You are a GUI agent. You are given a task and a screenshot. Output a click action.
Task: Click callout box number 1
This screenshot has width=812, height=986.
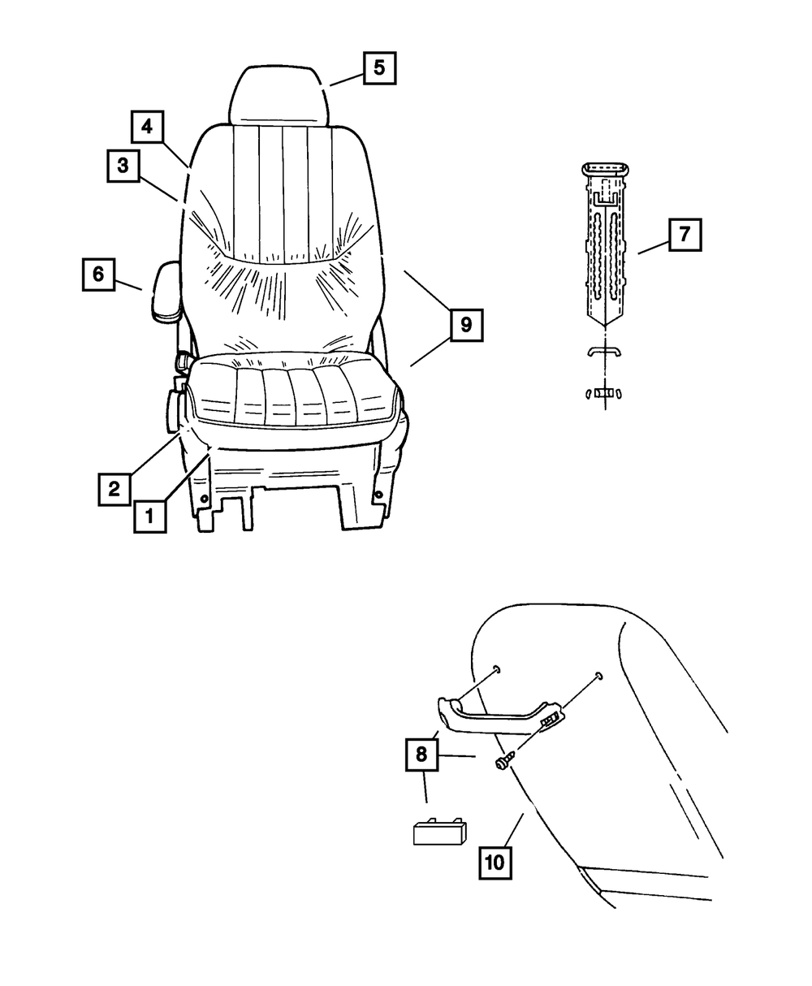tap(150, 516)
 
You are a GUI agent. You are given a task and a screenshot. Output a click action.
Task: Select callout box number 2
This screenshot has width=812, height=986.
tap(114, 489)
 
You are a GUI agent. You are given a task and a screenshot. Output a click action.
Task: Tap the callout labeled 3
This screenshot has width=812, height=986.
tap(123, 166)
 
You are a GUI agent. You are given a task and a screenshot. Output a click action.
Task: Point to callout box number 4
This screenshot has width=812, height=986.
tap(147, 127)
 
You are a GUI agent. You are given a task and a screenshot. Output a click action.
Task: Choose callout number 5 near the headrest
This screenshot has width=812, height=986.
tap(379, 67)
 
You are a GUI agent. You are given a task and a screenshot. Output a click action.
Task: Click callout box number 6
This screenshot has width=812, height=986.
tap(98, 275)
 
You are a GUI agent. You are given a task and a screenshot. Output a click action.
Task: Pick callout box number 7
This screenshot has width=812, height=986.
tap(685, 236)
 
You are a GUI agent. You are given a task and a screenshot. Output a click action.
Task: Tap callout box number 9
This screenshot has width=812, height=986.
tap(465, 326)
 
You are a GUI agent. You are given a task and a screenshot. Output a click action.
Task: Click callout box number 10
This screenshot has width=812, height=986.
tap(495, 861)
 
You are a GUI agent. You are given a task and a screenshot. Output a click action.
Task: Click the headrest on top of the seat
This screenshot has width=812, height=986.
tap(279, 94)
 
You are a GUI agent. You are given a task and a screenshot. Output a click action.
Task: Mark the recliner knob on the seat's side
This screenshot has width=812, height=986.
tap(175, 410)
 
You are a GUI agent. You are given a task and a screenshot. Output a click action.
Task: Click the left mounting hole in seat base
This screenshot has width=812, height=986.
tap(204, 498)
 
